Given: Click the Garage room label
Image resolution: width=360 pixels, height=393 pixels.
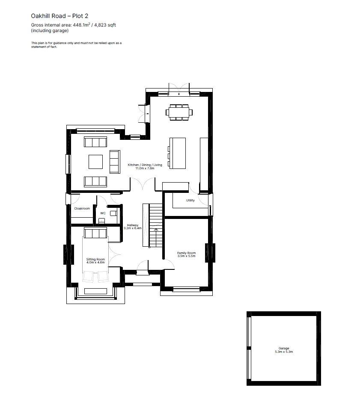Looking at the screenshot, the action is pyautogui.click(x=284, y=348).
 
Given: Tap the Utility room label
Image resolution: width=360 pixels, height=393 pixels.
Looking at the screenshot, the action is pyautogui.click(x=190, y=200).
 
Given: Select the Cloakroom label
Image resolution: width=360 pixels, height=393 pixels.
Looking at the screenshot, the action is pyautogui.click(x=82, y=208).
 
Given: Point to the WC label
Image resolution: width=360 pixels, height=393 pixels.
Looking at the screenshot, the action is pyautogui.click(x=103, y=213).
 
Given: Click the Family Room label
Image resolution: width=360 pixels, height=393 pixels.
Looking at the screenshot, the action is pyautogui.click(x=186, y=253).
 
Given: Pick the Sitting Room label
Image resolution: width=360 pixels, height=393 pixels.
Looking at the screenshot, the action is pyautogui.click(x=95, y=259).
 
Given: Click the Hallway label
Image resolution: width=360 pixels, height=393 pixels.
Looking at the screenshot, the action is pyautogui.click(x=132, y=225).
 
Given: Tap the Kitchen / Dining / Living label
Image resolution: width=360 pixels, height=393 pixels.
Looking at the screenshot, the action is pyautogui.click(x=145, y=165).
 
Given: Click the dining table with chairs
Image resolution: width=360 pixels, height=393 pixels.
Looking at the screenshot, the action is pyautogui.click(x=179, y=112).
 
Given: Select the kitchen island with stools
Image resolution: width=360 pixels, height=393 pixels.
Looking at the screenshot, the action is pyautogui.click(x=177, y=153).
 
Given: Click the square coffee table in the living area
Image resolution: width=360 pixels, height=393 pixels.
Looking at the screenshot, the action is pyautogui.click(x=95, y=162).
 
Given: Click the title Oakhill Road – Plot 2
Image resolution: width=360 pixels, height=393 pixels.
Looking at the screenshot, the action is pyautogui.click(x=60, y=16).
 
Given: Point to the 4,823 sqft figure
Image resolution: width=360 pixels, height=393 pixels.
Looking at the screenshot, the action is pyautogui.click(x=105, y=25).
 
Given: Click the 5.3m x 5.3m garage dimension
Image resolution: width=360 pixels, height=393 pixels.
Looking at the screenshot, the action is pyautogui.click(x=284, y=352).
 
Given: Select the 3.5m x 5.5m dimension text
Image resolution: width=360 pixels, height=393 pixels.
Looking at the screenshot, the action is pyautogui.click(x=186, y=256).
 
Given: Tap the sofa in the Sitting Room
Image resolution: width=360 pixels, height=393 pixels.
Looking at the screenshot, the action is pyautogui.click(x=95, y=233).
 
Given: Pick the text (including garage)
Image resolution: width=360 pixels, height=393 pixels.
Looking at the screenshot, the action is pyautogui.click(x=50, y=31).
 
